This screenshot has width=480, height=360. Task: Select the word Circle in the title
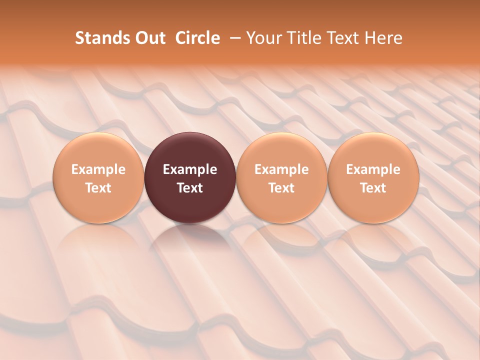[197, 38]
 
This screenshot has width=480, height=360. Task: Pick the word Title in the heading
[302, 38]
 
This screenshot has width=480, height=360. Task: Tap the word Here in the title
[382, 38]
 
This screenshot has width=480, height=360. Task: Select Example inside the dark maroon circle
[190, 169]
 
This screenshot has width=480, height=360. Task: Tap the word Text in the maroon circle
[190, 188]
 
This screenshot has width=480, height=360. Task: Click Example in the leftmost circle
[98, 169]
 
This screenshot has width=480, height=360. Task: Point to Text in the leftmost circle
[98, 188]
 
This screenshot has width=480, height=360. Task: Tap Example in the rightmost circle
[373, 169]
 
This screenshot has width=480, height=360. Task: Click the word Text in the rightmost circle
[373, 188]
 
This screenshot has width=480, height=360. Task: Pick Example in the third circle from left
[281, 169]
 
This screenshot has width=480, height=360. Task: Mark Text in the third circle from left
[281, 188]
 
